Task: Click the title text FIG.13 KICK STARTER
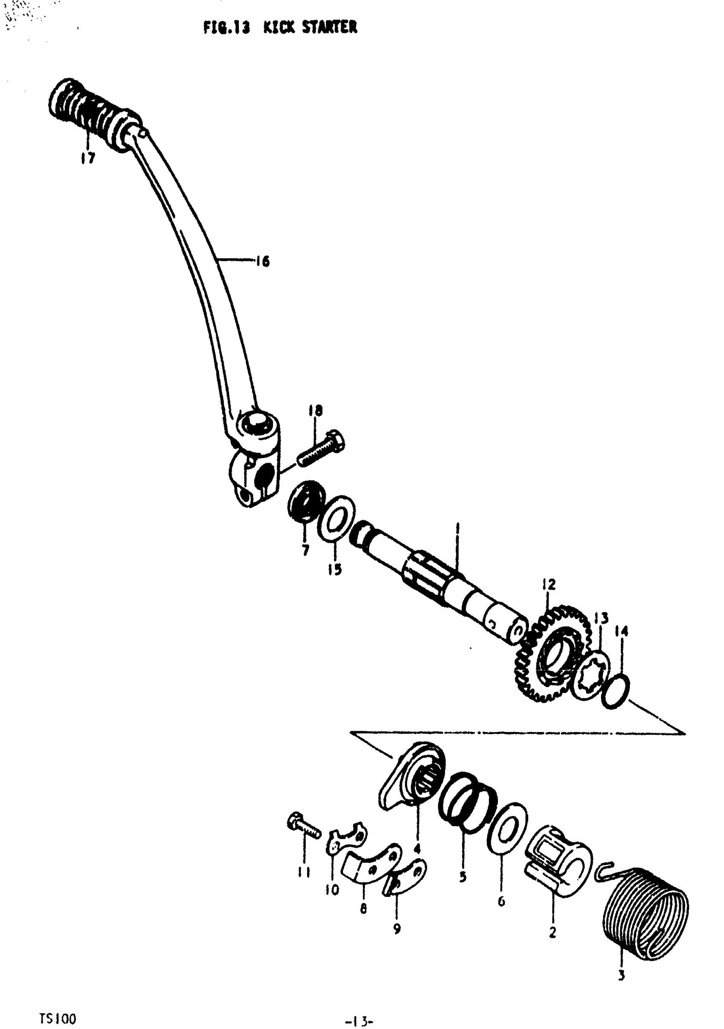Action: point(280,28)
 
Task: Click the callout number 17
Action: point(88,158)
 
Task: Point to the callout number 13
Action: point(601,619)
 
